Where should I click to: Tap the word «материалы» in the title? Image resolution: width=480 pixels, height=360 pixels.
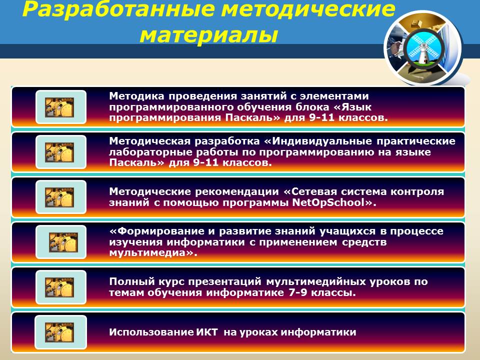click(209, 34)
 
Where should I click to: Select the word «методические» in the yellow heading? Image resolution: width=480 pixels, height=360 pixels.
click(308, 8)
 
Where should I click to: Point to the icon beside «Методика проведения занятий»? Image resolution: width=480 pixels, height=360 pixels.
click(60, 107)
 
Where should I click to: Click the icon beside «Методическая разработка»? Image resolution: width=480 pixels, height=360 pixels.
click(60, 152)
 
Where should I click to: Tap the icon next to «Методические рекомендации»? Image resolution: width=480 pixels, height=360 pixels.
click(60, 197)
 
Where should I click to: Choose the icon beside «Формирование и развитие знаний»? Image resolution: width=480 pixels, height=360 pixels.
click(60, 242)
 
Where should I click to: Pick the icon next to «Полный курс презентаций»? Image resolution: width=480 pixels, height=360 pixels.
click(60, 287)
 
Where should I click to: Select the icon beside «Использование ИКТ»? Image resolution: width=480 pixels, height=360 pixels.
click(60, 332)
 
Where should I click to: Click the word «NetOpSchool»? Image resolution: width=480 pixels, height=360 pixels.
click(328, 202)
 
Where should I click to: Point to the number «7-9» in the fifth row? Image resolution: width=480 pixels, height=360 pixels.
click(297, 292)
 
